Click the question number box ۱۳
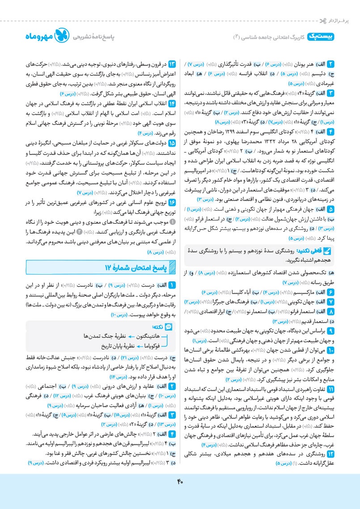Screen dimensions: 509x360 tap(170, 63)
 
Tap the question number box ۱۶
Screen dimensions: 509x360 tap(170, 202)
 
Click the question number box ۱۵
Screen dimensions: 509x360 tap(170, 144)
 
